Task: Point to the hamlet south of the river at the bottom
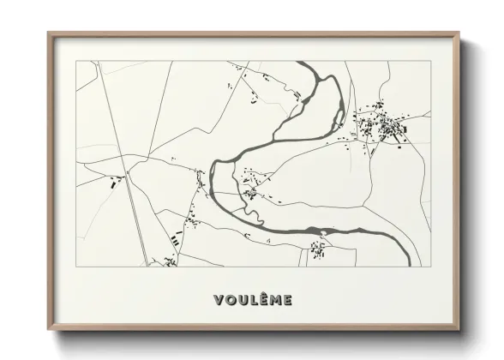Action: pos(318,249)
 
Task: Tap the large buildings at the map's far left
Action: pos(114,182)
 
